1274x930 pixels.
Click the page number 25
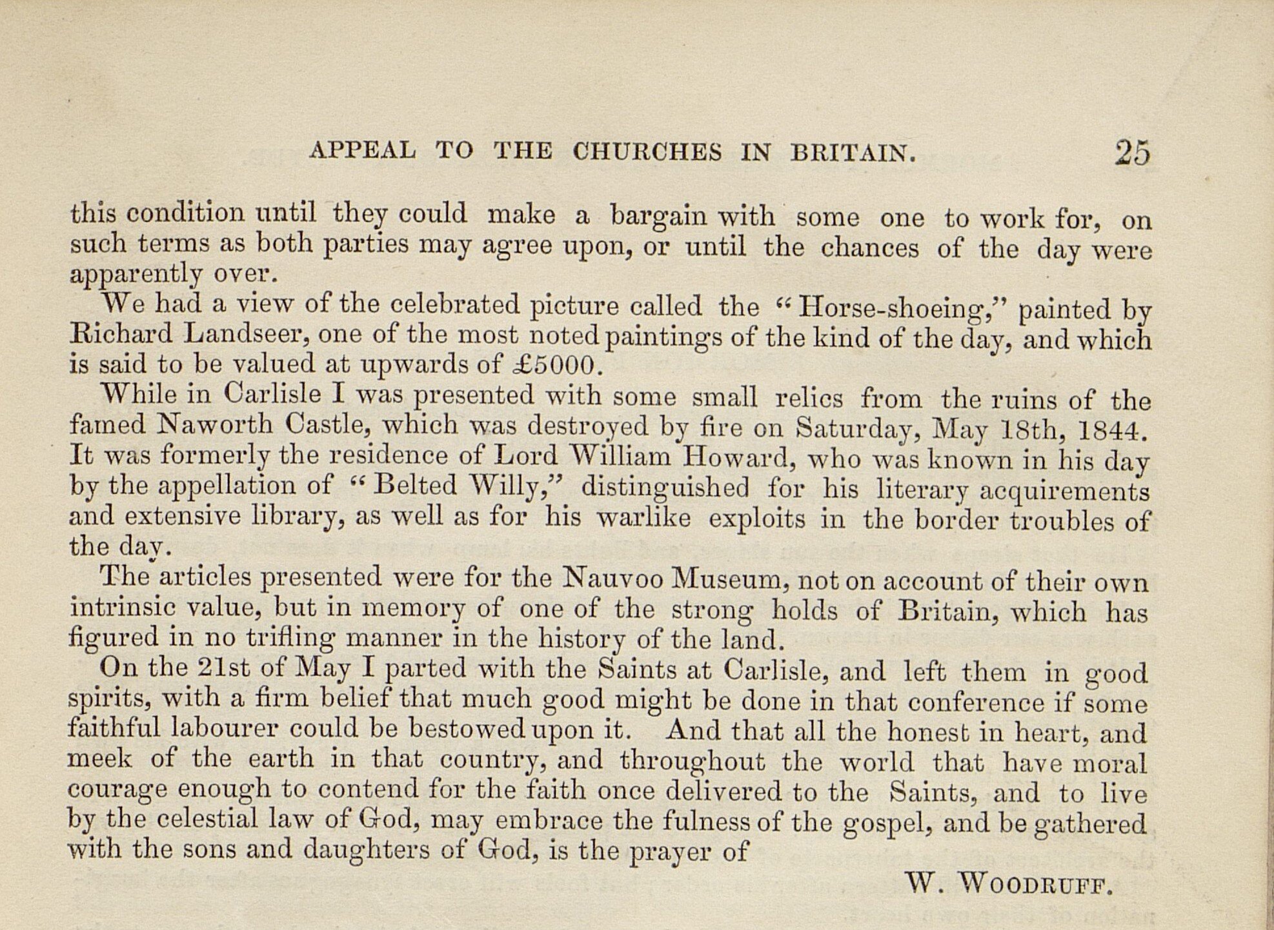(x=1132, y=153)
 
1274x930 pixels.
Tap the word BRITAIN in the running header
(x=853, y=152)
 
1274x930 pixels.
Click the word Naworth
(x=215, y=425)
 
